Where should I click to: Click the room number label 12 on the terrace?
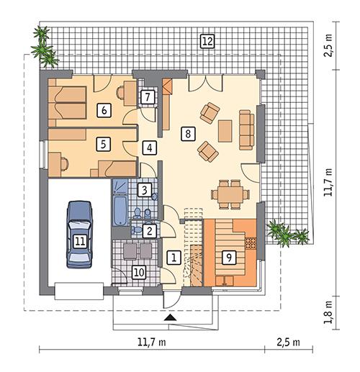[207, 41]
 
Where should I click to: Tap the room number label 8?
[187, 133]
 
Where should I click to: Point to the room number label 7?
[146, 96]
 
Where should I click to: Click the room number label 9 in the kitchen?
[228, 256]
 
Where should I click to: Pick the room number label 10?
[139, 271]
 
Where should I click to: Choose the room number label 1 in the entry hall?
[173, 256]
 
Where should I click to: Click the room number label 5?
[104, 144]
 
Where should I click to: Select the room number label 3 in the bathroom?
[145, 191]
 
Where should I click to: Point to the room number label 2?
[148, 231]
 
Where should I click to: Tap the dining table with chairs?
[230, 190]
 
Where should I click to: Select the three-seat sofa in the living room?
[247, 129]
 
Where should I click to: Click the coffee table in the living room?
[225, 131]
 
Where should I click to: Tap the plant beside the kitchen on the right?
[287, 234]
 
